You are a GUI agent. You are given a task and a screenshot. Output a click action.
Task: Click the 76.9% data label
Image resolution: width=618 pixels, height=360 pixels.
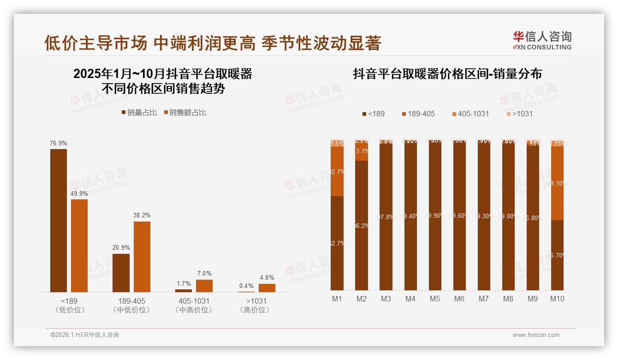click(x=59, y=144)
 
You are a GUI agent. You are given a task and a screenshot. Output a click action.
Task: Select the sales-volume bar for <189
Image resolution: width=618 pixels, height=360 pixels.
click(x=59, y=221)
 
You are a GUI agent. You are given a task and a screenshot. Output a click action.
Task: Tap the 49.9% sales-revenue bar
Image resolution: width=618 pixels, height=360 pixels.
click(x=79, y=246)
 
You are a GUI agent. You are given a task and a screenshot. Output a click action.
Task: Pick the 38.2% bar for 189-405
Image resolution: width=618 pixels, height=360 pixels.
click(x=142, y=257)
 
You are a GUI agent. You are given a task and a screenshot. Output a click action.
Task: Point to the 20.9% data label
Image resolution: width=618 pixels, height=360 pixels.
click(x=121, y=248)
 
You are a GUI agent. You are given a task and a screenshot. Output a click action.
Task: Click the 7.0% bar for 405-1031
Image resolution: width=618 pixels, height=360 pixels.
click(x=204, y=286)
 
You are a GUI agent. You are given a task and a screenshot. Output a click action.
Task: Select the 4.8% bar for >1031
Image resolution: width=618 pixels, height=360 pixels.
click(x=267, y=288)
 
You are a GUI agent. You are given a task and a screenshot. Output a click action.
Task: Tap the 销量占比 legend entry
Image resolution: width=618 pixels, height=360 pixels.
click(x=139, y=113)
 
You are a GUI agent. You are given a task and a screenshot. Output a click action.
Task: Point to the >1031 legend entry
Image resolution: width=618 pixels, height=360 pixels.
click(x=519, y=114)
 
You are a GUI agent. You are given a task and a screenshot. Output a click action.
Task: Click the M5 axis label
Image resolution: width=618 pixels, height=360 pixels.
click(x=435, y=299)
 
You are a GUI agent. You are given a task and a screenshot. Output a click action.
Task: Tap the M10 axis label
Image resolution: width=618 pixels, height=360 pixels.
click(x=557, y=299)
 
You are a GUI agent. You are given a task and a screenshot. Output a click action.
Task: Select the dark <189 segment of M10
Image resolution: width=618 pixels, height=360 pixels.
click(x=557, y=255)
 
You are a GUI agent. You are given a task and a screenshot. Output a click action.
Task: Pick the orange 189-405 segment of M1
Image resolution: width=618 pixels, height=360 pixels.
click(x=337, y=171)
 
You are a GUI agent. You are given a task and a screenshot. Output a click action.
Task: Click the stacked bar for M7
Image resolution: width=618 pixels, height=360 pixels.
click(x=484, y=215)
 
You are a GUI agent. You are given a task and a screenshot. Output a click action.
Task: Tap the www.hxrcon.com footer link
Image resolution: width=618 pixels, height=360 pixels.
click(x=536, y=335)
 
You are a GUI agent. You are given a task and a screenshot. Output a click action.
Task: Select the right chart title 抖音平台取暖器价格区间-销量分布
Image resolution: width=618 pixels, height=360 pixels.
click(x=447, y=74)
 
